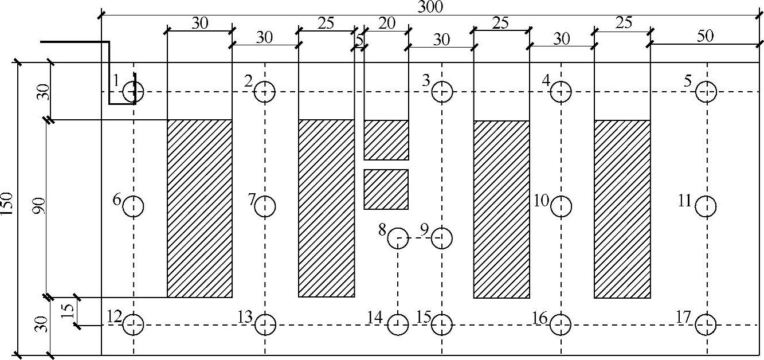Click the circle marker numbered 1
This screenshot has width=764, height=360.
point(134,91)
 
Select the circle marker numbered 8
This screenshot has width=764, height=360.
point(398,237)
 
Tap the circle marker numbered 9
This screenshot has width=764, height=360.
point(442,237)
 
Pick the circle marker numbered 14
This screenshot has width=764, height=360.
point(398,325)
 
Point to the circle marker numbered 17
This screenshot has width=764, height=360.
point(706,325)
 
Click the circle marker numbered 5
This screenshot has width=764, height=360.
point(706,91)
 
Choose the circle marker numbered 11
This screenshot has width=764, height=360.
point(706,206)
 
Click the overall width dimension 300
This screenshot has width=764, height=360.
point(430,6)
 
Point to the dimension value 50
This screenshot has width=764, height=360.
point(706,36)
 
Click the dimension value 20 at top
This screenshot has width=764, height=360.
point(387,24)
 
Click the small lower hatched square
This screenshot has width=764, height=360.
point(386,189)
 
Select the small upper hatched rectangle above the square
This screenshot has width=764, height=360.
point(386,140)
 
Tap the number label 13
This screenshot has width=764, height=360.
point(245,316)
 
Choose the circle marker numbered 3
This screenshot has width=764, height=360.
point(442,91)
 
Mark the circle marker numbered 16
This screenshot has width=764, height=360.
point(561,325)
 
